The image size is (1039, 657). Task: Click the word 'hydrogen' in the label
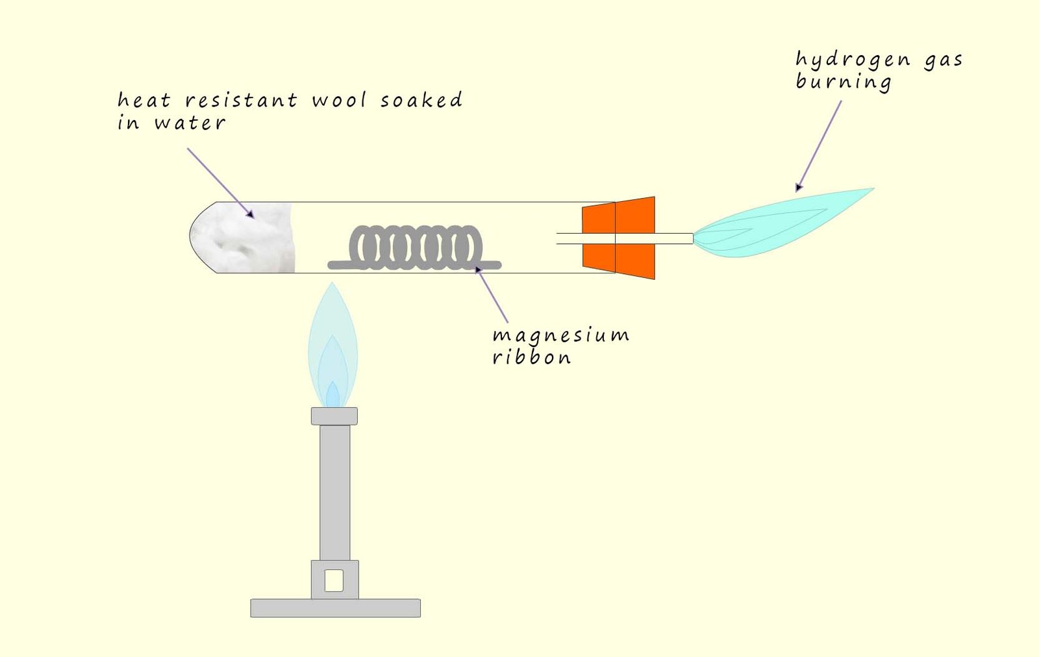click(x=852, y=60)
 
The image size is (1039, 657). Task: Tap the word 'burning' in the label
click(x=843, y=82)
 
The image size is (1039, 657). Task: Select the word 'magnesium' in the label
click(x=560, y=336)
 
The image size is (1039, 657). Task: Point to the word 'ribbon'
click(x=531, y=357)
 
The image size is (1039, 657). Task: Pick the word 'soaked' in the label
click(x=421, y=100)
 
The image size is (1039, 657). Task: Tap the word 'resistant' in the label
click(x=241, y=101)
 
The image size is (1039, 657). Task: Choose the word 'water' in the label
click(x=190, y=123)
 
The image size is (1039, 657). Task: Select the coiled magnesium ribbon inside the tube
click(x=416, y=249)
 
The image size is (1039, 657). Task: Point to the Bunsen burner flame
click(x=332, y=351)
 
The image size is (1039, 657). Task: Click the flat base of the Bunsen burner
click(x=335, y=608)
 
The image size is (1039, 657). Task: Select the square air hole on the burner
click(x=334, y=580)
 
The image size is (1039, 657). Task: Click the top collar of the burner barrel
click(x=334, y=415)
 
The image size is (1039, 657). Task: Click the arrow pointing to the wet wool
click(x=219, y=182)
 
